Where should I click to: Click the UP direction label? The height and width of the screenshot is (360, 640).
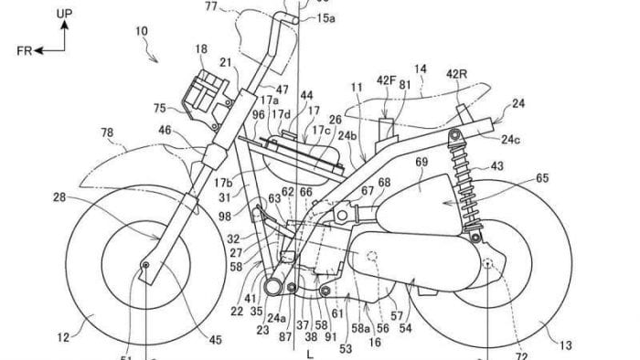click(x=63, y=13)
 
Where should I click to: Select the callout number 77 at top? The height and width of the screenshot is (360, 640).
click(x=210, y=7)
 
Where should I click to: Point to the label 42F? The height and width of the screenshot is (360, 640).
click(x=388, y=81)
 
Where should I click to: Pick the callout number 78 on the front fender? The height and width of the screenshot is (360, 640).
click(x=108, y=133)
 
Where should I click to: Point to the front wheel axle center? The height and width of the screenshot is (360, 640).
click(x=144, y=266)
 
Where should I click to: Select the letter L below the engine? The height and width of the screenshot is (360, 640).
click(x=312, y=350)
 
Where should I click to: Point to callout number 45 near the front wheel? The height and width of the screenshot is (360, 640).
click(x=215, y=340)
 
